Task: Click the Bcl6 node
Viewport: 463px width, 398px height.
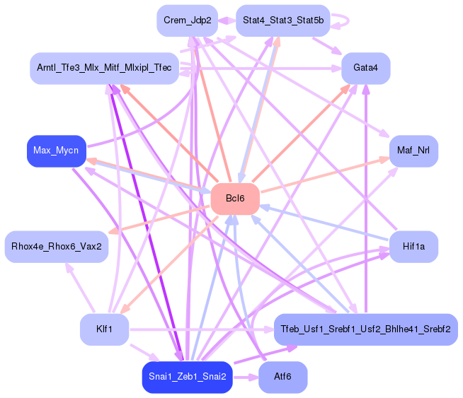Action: pyautogui.click(x=235, y=199)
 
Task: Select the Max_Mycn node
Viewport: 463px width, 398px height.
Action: pyautogui.click(x=57, y=151)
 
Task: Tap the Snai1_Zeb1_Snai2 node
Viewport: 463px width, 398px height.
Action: pyautogui.click(x=187, y=377)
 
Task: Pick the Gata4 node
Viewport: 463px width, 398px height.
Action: pyautogui.click(x=366, y=69)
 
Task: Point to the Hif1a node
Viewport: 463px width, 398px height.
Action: pyautogui.click(x=413, y=247)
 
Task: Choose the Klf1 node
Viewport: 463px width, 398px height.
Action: pyautogui.click(x=104, y=329)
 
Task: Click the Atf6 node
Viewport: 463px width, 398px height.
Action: pyautogui.click(x=282, y=377)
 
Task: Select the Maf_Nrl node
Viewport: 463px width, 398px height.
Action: pyautogui.click(x=413, y=151)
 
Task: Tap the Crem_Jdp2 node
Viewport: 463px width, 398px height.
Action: pyautogui.click(x=187, y=21)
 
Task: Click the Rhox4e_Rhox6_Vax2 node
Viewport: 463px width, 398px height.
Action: pyautogui.click(x=57, y=247)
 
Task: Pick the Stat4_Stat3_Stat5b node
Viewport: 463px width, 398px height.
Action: pyautogui.click(x=282, y=21)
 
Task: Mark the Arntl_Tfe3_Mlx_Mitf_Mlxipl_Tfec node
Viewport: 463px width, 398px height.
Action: pyautogui.click(x=104, y=69)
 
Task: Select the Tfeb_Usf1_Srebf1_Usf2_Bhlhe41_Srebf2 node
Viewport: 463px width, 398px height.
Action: pyautogui.click(x=366, y=329)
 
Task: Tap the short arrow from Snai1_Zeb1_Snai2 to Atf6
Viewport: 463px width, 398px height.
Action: pyautogui.click(x=245, y=377)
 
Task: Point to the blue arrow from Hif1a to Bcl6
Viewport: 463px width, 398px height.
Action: pyautogui.click(x=326, y=223)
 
